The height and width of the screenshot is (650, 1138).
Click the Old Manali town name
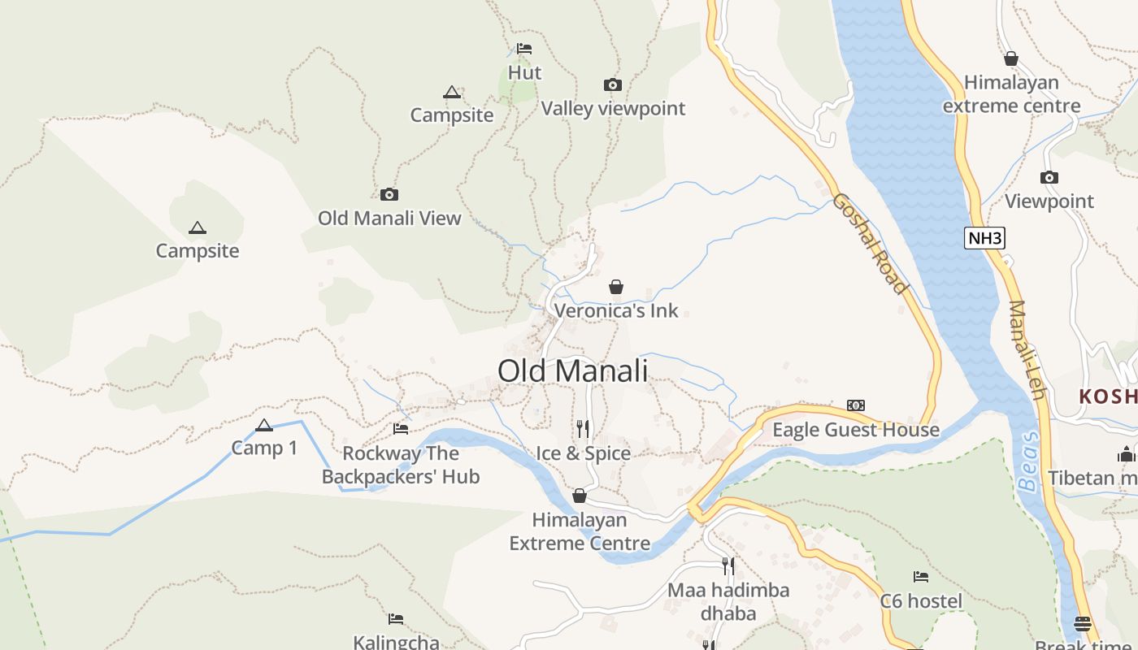(x=572, y=370)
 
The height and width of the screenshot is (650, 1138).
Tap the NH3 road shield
(x=985, y=238)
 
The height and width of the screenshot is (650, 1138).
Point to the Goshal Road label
(x=869, y=243)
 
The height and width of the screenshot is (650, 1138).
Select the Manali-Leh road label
(x=1026, y=349)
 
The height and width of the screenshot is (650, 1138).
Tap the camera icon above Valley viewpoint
(x=613, y=84)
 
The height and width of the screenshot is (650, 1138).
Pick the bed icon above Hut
(x=524, y=49)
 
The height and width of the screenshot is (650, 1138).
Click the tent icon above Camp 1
(x=264, y=425)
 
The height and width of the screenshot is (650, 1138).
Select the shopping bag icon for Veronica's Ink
(x=616, y=287)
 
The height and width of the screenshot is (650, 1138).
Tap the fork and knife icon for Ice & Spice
(x=583, y=428)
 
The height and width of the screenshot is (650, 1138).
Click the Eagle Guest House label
(x=856, y=430)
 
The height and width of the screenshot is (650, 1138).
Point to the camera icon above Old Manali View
(x=389, y=194)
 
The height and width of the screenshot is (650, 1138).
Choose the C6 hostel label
(x=921, y=601)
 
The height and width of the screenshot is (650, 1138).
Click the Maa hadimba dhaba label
(x=728, y=601)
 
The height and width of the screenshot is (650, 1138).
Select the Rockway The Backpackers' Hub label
(x=401, y=465)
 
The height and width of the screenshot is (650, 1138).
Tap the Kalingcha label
(x=396, y=642)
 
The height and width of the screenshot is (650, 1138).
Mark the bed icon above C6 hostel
(x=921, y=577)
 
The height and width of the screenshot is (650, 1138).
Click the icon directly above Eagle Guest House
(x=856, y=405)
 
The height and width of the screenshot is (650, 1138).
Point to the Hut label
(x=524, y=72)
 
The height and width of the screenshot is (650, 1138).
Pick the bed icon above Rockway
(x=401, y=428)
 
